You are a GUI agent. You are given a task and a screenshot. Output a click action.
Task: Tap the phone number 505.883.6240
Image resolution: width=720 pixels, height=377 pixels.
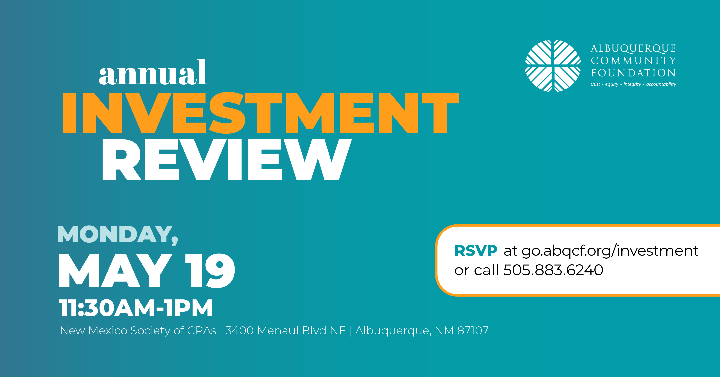tap(553, 270)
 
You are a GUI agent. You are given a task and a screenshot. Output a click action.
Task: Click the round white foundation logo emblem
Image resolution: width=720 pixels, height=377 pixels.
tap(553, 66)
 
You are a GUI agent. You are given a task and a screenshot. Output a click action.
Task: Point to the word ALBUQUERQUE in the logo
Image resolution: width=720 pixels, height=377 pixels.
tap(633, 49)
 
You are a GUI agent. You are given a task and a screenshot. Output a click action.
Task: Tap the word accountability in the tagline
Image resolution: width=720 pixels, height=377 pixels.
tap(661, 84)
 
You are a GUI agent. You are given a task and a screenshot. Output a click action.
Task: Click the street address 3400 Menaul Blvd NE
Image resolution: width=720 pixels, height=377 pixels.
tap(285, 331)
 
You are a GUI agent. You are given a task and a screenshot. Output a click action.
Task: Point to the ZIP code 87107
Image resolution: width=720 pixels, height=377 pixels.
tap(473, 331)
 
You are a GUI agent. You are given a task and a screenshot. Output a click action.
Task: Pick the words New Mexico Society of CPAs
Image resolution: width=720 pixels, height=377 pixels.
tap(138, 331)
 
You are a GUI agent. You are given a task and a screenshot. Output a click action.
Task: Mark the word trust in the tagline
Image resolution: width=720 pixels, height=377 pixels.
tap(595, 84)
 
